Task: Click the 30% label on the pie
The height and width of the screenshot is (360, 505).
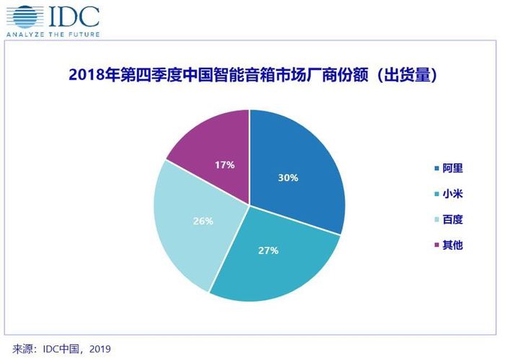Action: pos(288,177)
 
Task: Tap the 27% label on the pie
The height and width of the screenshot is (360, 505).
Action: pos(268,250)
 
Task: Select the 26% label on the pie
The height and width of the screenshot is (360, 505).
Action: pos(203,221)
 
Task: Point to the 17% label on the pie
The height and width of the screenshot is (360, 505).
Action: pos(225,165)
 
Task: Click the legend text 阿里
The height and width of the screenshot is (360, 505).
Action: pos(452,168)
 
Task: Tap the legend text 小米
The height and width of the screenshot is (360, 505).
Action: pos(452,194)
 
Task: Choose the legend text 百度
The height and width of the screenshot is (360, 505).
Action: pos(452,219)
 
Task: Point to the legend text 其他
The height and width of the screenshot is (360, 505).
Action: pos(452,245)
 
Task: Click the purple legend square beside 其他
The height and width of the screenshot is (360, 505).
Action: pos(436,245)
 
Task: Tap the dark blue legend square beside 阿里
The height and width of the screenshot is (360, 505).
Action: pos(436,168)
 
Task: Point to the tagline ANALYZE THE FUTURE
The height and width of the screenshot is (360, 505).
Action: pos(53,34)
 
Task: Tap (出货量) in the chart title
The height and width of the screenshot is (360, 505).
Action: pos(405,75)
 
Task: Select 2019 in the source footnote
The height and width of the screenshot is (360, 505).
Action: pos(100,349)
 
